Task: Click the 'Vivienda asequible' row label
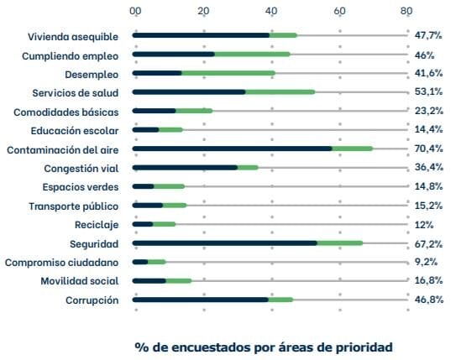coord(72,36)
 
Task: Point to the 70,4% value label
coord(429,149)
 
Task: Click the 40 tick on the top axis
coord(271,12)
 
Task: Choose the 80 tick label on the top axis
coord(406,12)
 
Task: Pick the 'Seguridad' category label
coord(94,243)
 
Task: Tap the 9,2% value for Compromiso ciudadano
coord(427,262)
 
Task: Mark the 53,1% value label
coord(429,92)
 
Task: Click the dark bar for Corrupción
coord(201,300)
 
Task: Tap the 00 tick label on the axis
coord(136,12)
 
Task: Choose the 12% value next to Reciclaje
coord(424,225)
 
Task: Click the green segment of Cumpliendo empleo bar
coord(252,55)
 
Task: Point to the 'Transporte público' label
coord(74,206)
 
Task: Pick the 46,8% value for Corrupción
coord(429,300)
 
